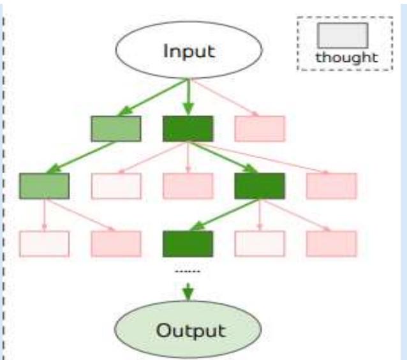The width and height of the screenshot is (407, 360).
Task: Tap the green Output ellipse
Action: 188,331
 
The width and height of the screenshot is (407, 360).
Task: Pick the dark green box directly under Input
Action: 188,128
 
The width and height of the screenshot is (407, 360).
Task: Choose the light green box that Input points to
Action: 116,128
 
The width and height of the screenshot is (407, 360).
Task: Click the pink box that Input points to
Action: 260,128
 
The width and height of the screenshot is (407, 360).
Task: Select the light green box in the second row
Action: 45,185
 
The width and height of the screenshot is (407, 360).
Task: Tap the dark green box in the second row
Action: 260,185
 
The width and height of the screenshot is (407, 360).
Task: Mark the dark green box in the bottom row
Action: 188,243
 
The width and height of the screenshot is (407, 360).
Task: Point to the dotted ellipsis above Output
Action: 188,272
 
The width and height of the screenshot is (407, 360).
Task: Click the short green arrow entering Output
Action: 188,290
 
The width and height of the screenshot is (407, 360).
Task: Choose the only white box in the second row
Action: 116,185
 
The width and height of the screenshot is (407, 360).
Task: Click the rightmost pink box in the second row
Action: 331,185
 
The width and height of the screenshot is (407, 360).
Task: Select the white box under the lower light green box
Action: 45,243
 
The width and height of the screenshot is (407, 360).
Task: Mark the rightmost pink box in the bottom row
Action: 331,243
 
